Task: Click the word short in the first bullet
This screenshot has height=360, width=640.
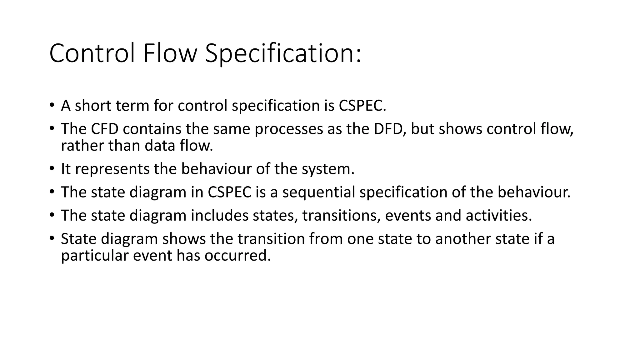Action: (93, 105)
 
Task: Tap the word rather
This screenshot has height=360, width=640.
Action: (82, 145)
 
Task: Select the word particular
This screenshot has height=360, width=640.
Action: (95, 256)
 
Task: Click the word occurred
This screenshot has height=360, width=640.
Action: (237, 255)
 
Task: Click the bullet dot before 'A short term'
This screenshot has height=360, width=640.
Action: (52, 105)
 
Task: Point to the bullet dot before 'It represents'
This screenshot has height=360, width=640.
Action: (52, 169)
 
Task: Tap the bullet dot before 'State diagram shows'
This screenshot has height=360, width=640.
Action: (52, 238)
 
